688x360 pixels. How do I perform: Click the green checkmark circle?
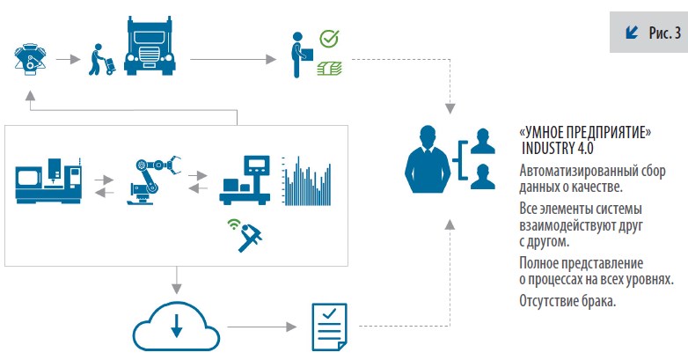329,39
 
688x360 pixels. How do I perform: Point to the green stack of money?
329,66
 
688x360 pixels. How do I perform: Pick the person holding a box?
299,52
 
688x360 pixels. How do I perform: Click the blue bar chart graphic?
308,181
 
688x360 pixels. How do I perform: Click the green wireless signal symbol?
233,224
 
